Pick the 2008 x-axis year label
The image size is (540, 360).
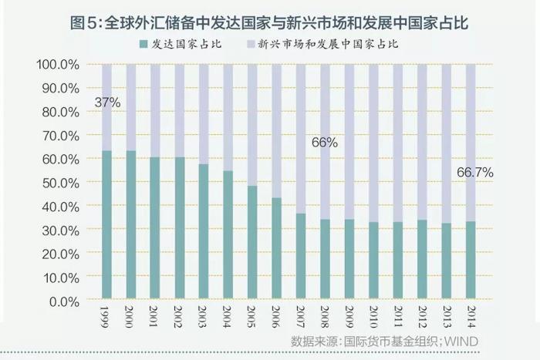325,316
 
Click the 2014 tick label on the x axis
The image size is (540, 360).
471,316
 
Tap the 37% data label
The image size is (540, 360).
107,102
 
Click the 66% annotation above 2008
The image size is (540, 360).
325,142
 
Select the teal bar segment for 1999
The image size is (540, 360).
106,224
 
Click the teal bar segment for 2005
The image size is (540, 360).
252,242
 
